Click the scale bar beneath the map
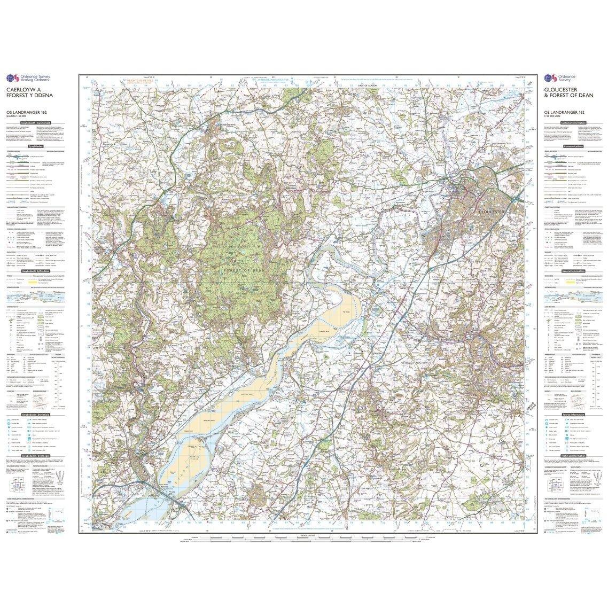point(305,536)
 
